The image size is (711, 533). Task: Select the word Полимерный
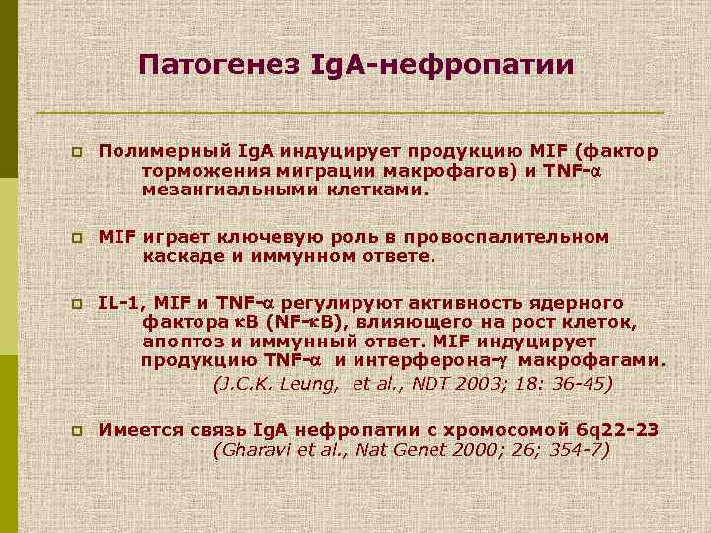pos(165,152)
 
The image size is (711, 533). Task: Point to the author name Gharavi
pos(248,450)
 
